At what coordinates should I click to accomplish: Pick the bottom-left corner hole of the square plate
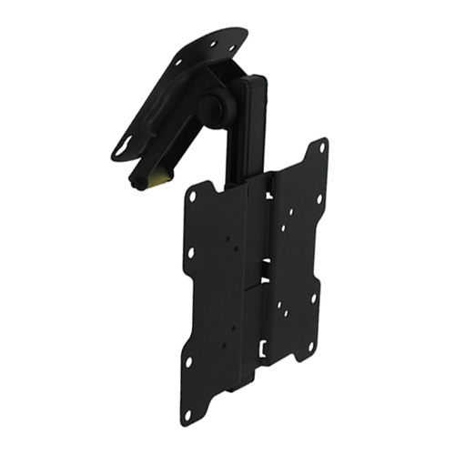(188, 362)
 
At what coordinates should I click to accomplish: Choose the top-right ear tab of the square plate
(319, 150)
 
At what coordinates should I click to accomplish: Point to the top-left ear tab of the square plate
(197, 193)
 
